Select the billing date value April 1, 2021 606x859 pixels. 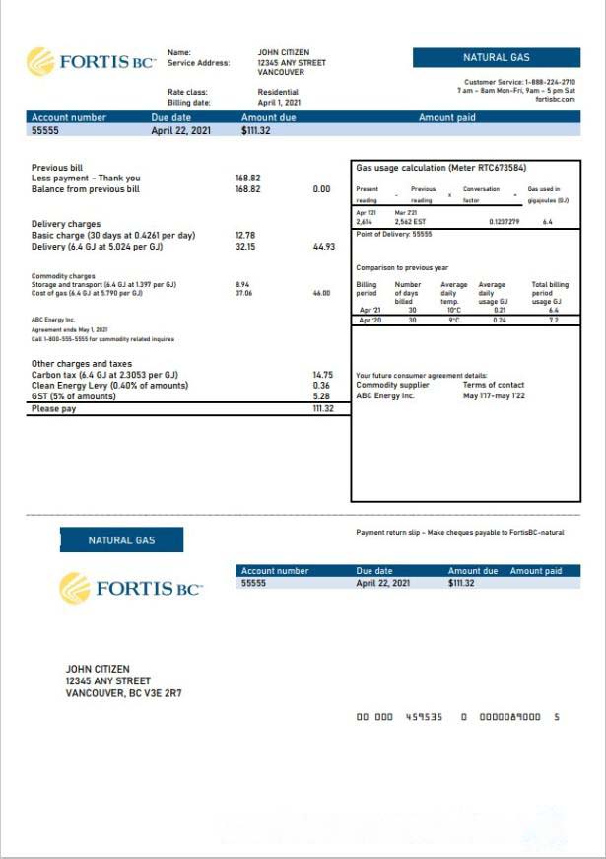279,102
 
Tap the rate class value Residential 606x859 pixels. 278,92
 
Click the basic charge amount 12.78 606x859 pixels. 245,235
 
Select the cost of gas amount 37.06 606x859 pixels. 243,293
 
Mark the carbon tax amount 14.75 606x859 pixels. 322,375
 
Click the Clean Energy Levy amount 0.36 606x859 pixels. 322,385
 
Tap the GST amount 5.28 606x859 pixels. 322,395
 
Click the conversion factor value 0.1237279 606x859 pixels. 504,222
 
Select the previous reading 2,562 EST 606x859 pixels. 410,222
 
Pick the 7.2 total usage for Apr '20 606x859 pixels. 553,321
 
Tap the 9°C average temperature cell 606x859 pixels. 454,321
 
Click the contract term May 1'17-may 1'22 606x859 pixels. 495,395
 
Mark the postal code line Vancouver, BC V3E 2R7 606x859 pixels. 123,693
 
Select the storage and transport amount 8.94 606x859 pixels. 242,284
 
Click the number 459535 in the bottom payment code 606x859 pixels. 425,717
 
